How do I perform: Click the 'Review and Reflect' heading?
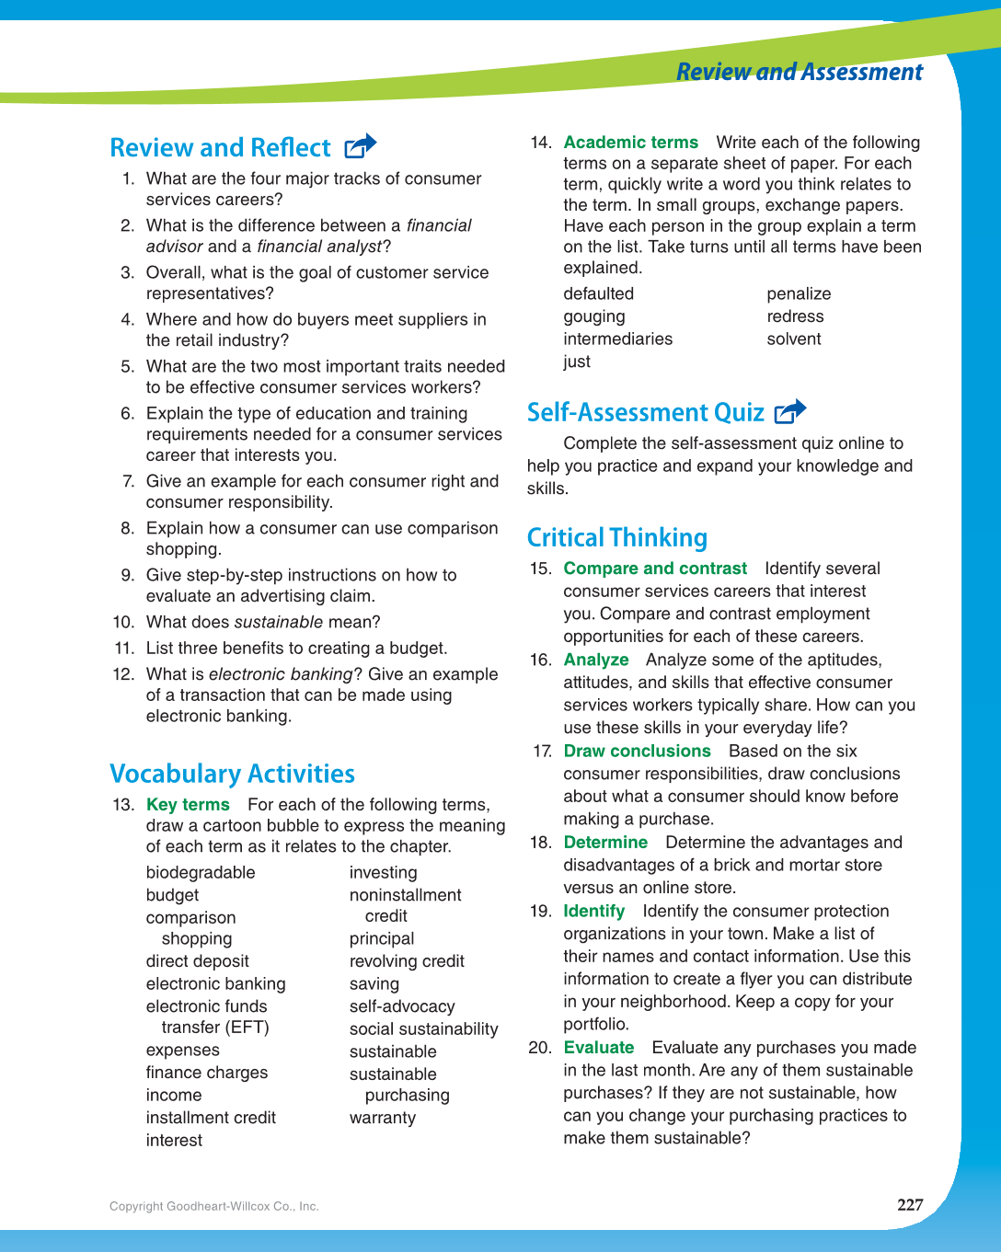[220, 148]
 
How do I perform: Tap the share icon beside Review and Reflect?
[360, 146]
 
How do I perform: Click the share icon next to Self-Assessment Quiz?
[790, 412]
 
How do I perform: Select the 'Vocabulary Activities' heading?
[232, 774]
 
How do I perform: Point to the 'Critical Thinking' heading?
[616, 537]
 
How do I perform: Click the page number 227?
[909, 1205]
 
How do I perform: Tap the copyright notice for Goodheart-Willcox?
[214, 1206]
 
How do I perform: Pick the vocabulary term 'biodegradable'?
[201, 872]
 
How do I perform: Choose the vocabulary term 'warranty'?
[382, 1118]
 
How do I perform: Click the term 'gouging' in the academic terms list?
[593, 316]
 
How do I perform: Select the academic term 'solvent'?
[793, 339]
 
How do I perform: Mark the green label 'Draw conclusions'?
[637, 751]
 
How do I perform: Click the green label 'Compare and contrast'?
[655, 569]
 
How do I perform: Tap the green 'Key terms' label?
[188, 805]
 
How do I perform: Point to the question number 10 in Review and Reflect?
[123, 622]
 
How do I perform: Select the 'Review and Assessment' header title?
[799, 72]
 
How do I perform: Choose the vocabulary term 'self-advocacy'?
[401, 1006]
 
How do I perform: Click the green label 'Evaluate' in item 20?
[598, 1048]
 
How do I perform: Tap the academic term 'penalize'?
[799, 293]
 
